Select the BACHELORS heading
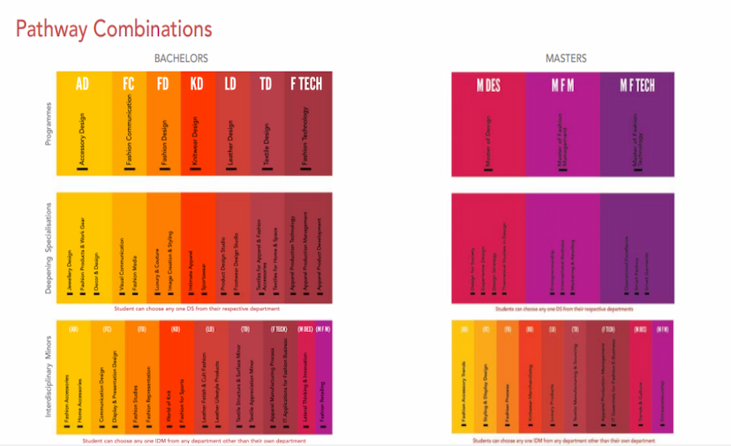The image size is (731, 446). coord(181,58)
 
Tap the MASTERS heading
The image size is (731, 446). coord(565,58)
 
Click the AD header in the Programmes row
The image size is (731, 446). coord(82,84)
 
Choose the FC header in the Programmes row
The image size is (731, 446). coord(129,84)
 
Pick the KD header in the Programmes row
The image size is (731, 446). coord(196,84)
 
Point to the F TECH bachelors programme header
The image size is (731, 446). coord(306,84)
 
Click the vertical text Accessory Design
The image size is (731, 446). coord(82,142)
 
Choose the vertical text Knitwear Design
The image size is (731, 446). coord(196,141)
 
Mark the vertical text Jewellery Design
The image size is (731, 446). coord(71,269)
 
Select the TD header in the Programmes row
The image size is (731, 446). coord(266,84)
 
